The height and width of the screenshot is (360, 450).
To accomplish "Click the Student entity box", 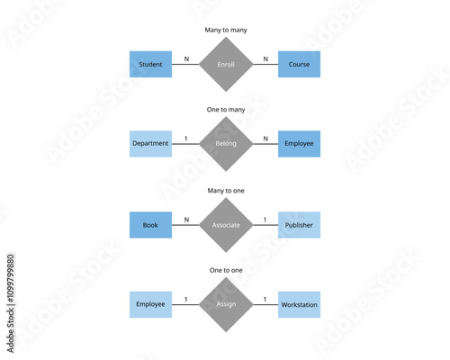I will tap(150, 65).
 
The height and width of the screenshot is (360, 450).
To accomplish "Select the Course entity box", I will tap(299, 65).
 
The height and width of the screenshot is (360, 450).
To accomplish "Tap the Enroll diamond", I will tap(225, 65).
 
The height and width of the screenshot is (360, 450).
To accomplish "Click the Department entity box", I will tap(150, 144).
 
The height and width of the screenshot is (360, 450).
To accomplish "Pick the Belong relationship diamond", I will tap(225, 144).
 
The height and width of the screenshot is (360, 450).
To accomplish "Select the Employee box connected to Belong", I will tap(299, 144).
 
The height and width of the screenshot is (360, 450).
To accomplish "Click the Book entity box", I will tap(150, 224).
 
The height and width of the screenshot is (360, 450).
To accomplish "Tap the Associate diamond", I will tap(225, 224).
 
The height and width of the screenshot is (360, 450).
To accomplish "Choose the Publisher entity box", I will tap(299, 224).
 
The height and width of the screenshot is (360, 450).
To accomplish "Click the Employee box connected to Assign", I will tap(150, 304).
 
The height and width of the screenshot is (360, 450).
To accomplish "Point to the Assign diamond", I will tap(225, 304).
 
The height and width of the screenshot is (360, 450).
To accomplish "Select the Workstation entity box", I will tap(299, 304).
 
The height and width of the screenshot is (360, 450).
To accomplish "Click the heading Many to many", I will tap(225, 30).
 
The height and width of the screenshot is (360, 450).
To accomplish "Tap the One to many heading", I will tap(225, 110).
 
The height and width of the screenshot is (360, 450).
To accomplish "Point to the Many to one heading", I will tap(225, 190).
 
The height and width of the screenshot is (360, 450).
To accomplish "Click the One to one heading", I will tap(225, 270).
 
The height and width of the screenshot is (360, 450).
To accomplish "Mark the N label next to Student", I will tap(186, 59).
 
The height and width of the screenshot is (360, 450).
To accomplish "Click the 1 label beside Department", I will tap(186, 139).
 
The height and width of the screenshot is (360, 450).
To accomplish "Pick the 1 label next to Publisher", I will tap(265, 219).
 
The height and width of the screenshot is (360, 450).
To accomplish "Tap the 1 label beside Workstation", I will tap(265, 299).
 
